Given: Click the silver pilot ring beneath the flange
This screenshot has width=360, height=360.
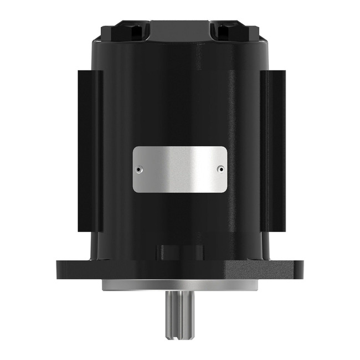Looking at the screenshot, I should coord(179,286).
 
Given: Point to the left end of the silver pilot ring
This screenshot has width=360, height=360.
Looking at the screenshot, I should coord(104,286).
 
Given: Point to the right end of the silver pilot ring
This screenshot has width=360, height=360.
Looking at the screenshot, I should coord(255,286).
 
